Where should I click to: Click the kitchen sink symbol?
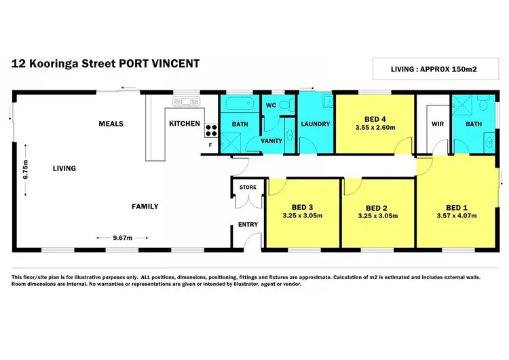183,101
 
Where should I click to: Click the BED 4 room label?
375,117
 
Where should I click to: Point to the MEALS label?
111,124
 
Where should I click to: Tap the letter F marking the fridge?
211,144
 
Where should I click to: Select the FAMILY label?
145,206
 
